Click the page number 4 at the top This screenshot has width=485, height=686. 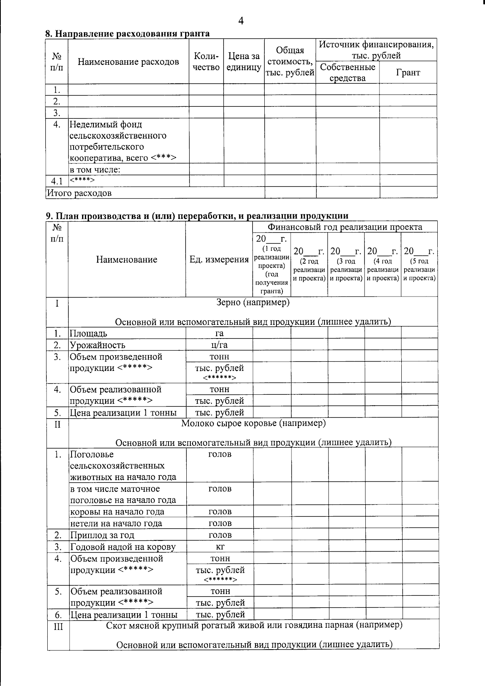241,21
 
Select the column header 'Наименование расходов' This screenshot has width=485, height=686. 128,62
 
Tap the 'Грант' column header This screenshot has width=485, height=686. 408,73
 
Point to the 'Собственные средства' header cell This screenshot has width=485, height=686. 348,73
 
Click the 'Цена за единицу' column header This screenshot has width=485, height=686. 244,62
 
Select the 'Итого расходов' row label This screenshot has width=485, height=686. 79,193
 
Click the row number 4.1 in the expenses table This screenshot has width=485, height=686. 57,181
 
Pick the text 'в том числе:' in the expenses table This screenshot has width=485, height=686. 95,169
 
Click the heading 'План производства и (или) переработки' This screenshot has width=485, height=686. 197,216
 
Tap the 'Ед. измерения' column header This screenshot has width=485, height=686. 219,260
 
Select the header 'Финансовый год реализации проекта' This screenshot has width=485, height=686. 345,227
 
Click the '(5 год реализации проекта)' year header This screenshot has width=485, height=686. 420,265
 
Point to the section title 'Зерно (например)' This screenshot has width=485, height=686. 253,302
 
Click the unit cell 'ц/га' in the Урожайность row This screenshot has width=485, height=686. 219,345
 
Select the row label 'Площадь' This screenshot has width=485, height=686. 89,333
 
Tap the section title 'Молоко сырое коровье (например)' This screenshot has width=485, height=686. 253,423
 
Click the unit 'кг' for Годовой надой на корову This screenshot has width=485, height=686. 220,547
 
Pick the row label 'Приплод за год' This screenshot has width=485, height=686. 102,535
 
